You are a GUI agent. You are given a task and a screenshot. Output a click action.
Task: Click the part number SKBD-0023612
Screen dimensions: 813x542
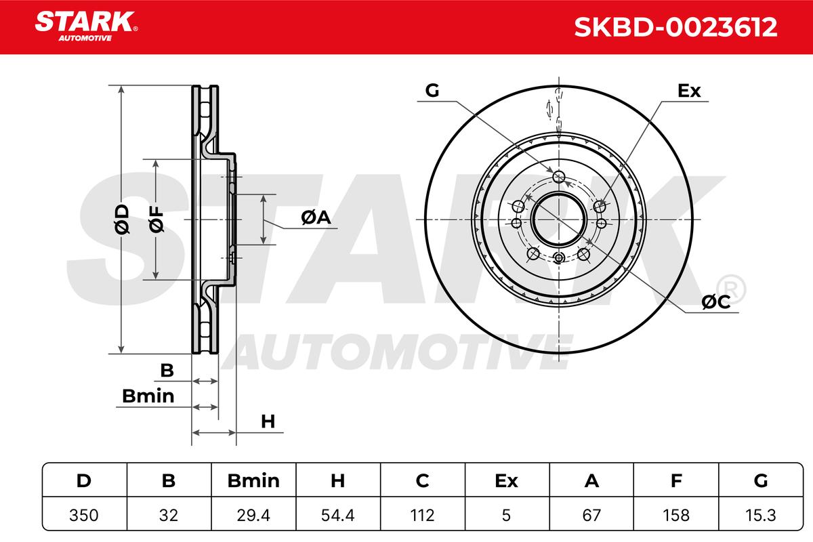[675, 27]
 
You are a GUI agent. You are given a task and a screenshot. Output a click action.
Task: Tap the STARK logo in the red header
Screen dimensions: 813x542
[86, 26]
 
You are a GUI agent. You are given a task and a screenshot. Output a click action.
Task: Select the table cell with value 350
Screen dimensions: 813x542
[84, 515]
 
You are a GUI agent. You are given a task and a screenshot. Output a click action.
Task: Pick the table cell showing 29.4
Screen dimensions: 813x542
[253, 515]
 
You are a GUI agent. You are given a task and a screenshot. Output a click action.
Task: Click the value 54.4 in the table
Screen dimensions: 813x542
[338, 515]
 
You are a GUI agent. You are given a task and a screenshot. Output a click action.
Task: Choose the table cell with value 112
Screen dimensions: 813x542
[423, 515]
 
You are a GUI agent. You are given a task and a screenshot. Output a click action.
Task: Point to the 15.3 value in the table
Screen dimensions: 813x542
[761, 515]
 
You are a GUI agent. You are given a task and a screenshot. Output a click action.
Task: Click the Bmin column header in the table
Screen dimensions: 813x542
[253, 480]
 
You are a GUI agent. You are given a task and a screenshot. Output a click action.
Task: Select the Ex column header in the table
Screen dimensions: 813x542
[507, 480]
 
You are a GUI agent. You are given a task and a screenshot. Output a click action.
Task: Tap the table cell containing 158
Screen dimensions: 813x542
[676, 515]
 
